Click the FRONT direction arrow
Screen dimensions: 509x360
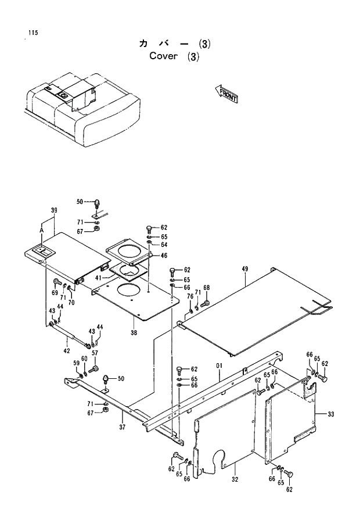(226, 94)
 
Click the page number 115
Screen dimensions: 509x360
(32, 33)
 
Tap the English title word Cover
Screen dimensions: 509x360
(163, 56)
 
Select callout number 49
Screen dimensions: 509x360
(245, 268)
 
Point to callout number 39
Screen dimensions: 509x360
(53, 210)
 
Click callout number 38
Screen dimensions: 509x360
(134, 333)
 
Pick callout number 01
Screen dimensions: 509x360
(219, 365)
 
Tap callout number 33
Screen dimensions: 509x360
(330, 414)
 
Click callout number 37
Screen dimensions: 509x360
(123, 428)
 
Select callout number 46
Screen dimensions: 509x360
(164, 256)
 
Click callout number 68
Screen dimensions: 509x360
(206, 288)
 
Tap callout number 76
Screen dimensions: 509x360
(190, 297)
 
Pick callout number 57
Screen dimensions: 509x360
(95, 353)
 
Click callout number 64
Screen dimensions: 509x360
(164, 245)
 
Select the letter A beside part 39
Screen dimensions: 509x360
(42, 230)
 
